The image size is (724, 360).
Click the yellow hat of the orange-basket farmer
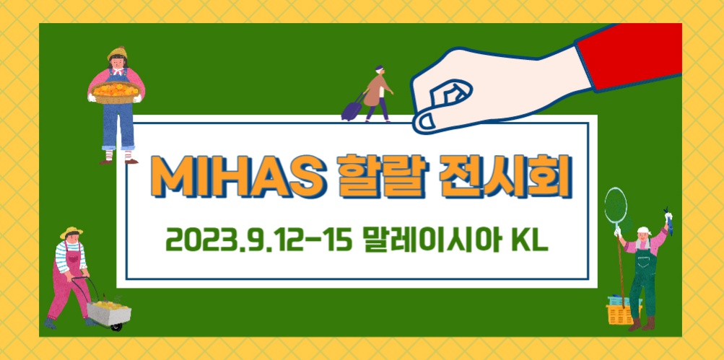pos(117,53)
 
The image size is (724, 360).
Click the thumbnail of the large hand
pos(424,122)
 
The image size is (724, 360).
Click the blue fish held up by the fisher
pos(668,221)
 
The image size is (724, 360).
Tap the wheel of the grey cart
pos(117,326)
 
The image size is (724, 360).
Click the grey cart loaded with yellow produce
pos(108,312)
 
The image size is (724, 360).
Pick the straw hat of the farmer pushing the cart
pos(71,232)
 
